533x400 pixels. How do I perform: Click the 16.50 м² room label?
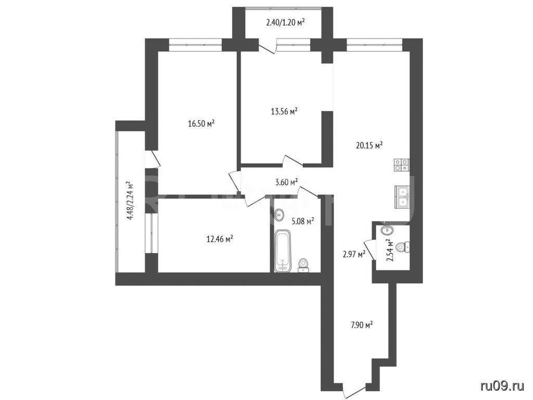[x=201, y=123]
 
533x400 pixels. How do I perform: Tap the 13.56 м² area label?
[x=285, y=111]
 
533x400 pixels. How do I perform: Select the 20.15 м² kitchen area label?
[x=370, y=146]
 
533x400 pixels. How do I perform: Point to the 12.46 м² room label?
[x=220, y=239]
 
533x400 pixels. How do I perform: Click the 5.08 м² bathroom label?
[x=303, y=222]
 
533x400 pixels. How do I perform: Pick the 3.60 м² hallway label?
[x=287, y=182]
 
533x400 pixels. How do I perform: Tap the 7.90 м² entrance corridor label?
[x=362, y=325]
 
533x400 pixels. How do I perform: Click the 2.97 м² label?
[x=354, y=254]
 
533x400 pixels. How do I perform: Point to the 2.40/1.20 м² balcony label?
[x=285, y=23]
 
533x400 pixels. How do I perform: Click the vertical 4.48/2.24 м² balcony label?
[x=130, y=201]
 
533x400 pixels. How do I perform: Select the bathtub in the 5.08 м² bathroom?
[x=283, y=251]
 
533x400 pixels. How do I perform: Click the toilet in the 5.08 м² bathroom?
[x=303, y=266]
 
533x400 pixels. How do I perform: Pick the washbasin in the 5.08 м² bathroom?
[x=279, y=215]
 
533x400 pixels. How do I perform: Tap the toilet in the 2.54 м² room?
[x=404, y=247]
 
